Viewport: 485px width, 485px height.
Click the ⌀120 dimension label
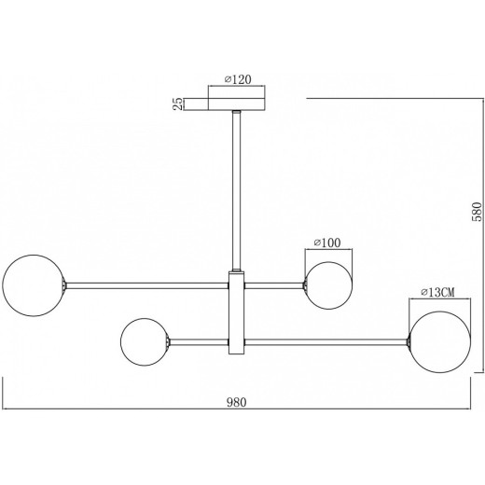[238, 79]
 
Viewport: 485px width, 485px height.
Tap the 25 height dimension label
[178, 104]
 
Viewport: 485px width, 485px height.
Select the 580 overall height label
[477, 212]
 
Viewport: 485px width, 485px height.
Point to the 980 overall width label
[236, 402]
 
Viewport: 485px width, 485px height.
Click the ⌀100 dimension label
[327, 242]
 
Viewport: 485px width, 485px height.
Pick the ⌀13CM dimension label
[437, 292]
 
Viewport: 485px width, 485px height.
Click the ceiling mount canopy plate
[236, 104]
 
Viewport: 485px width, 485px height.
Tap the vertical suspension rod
[237, 190]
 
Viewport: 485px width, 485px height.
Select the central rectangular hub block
[237, 312]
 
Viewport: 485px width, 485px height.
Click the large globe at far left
[34, 285]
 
